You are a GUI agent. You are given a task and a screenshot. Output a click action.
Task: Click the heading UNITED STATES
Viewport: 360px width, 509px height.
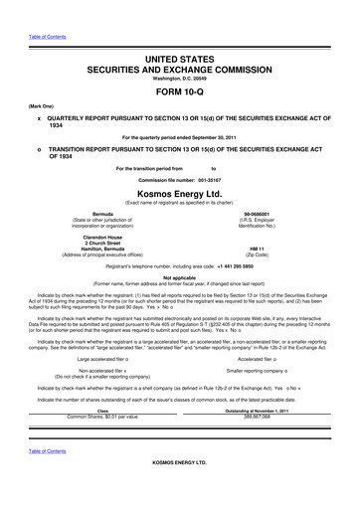[x=180, y=34]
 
